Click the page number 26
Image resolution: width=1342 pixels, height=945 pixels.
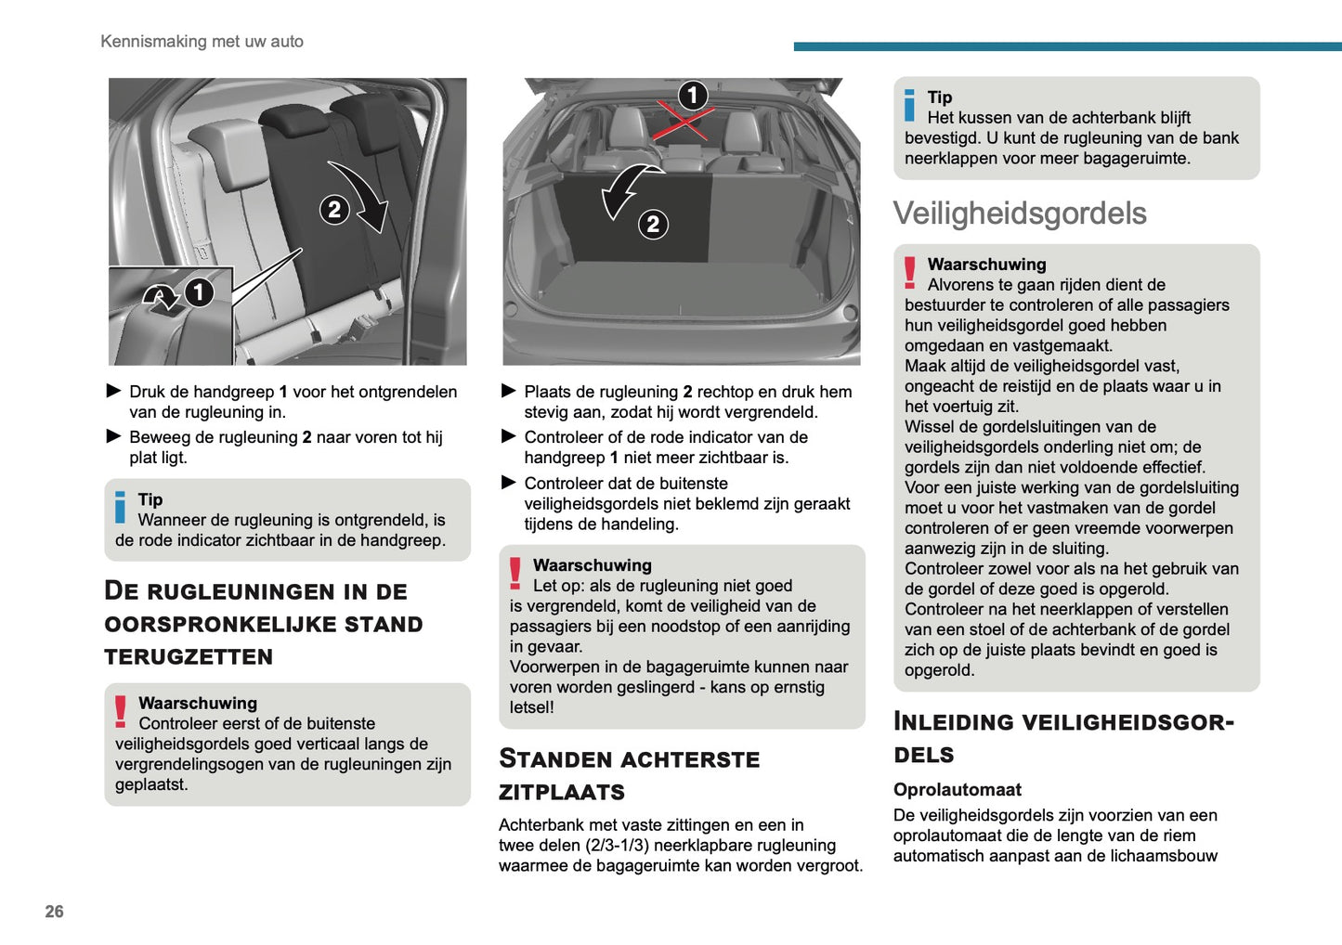click(55, 912)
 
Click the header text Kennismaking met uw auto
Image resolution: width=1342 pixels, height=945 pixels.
click(202, 42)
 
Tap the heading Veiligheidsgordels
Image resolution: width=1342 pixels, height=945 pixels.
click(1019, 214)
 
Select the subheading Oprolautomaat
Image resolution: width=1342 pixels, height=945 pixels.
click(957, 790)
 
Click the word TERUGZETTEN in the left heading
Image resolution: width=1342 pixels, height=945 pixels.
click(189, 657)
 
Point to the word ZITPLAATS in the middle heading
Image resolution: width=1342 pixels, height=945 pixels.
click(562, 793)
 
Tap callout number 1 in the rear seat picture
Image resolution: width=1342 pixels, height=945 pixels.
click(198, 293)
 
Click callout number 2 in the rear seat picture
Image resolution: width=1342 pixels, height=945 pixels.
click(334, 210)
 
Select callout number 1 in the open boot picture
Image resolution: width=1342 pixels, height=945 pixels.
click(692, 96)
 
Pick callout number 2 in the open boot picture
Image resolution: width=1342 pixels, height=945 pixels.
click(653, 224)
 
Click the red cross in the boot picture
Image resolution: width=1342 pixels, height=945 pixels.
click(684, 120)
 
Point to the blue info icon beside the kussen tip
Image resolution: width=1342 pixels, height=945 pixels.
click(910, 106)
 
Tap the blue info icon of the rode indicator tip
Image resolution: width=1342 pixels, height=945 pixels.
click(120, 507)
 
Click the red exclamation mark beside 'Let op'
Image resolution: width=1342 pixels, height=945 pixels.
click(515, 573)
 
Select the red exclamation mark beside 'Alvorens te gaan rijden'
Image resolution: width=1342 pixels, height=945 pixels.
click(910, 273)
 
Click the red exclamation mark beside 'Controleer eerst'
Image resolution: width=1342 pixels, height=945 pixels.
click(121, 711)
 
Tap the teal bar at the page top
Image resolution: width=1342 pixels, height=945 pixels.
click(1067, 46)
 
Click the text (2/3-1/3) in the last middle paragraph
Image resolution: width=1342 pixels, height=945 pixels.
click(623, 846)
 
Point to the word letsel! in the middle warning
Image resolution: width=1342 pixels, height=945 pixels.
click(531, 707)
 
